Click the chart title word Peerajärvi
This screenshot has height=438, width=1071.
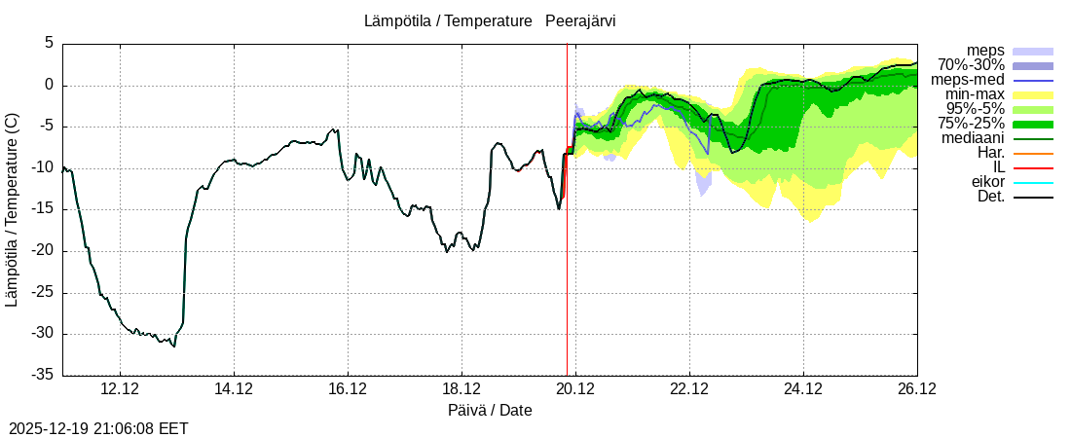coord(580,20)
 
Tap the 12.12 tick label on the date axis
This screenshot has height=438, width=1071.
coord(120,389)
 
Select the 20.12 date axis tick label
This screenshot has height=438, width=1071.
coord(575,389)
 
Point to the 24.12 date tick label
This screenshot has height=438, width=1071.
coord(803,389)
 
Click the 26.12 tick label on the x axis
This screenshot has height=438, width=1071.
coord(917,389)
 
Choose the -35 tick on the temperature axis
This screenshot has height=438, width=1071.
coord(43,375)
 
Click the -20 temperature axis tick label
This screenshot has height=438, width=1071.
coord(43,251)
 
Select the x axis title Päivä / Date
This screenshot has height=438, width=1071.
coord(490,411)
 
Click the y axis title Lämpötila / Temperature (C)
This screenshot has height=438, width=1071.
coord(12,209)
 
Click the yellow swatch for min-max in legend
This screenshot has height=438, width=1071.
coord(1033,94)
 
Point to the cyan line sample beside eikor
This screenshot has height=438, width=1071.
coord(1033,182)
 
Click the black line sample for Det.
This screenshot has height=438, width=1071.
coord(1033,197)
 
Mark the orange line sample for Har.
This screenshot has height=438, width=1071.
coord(1033,153)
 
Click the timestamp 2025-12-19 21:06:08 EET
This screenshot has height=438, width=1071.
coord(98,428)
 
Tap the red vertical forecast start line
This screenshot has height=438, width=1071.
coord(567,243)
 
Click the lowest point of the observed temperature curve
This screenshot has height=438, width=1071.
coord(173,346)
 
